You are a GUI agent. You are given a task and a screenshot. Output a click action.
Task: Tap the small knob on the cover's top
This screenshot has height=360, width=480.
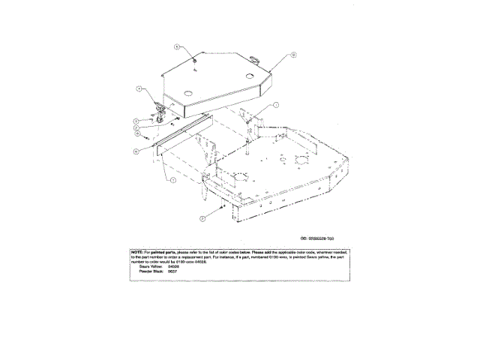pyautogui.click(x=193, y=60)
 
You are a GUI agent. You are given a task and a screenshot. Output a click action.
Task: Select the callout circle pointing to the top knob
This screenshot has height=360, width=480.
pyautogui.click(x=177, y=46)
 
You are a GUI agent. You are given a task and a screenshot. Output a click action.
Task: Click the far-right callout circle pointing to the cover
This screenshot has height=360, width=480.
pyautogui.click(x=294, y=54)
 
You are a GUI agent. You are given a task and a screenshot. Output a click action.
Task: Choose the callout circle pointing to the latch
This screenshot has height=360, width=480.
pyautogui.click(x=139, y=89)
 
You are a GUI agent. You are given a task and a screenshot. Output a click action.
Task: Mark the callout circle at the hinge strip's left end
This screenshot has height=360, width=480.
pyautogui.click(x=135, y=151)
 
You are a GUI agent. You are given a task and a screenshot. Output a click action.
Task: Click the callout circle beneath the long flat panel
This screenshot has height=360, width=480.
pyautogui.click(x=173, y=181)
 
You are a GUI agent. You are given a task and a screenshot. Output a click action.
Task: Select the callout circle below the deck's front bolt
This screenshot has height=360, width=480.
pyautogui.click(x=203, y=217)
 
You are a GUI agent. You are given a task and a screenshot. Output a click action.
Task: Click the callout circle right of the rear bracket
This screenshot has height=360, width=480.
pyautogui.click(x=276, y=105)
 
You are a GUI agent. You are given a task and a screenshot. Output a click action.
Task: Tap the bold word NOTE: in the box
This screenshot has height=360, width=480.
pyautogui.click(x=137, y=252)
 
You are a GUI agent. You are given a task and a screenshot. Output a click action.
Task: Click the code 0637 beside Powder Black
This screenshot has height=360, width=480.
pyautogui.click(x=172, y=271)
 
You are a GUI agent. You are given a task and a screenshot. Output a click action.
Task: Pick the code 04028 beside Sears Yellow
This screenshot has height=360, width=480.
pyautogui.click(x=173, y=266)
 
